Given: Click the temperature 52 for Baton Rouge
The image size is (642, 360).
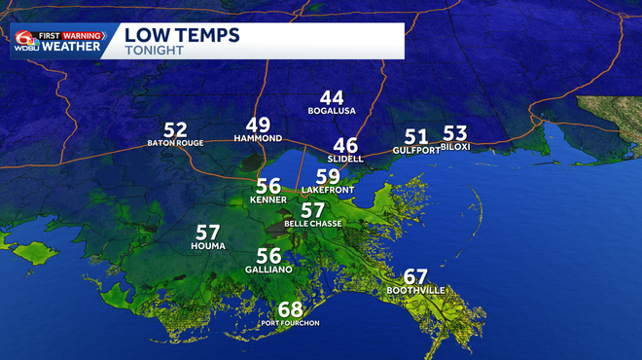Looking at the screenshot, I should tap(175, 129).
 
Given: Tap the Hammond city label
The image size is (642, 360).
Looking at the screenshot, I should tap(258, 139).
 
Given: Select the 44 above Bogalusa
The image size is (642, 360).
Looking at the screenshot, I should tap(332, 97).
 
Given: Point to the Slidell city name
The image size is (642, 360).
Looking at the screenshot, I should tap(345, 159).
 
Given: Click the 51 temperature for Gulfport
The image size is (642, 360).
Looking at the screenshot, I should tap(416, 137).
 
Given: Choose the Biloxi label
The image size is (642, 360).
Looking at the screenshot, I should tap(455, 147).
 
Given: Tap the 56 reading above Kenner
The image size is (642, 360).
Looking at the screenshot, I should tap(268, 186).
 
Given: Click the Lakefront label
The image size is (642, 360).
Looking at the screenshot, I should tap(327, 190).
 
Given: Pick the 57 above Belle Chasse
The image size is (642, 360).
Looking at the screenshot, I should tap(312, 210).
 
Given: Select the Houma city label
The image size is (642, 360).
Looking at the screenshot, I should tap(208, 246).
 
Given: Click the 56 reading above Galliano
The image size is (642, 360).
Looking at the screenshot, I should tap(268, 255).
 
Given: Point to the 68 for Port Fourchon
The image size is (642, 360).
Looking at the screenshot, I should tap(290, 309).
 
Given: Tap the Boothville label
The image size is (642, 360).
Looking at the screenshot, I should tap(415, 291).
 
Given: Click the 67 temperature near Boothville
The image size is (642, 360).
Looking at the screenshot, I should tap(415, 276).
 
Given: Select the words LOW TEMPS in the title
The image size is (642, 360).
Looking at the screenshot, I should tap(182, 36).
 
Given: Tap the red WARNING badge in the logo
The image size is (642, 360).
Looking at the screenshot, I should tap(84, 35).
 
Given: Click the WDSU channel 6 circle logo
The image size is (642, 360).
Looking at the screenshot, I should tap(23, 41).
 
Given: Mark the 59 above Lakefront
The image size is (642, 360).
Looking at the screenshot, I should tap(328, 176).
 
